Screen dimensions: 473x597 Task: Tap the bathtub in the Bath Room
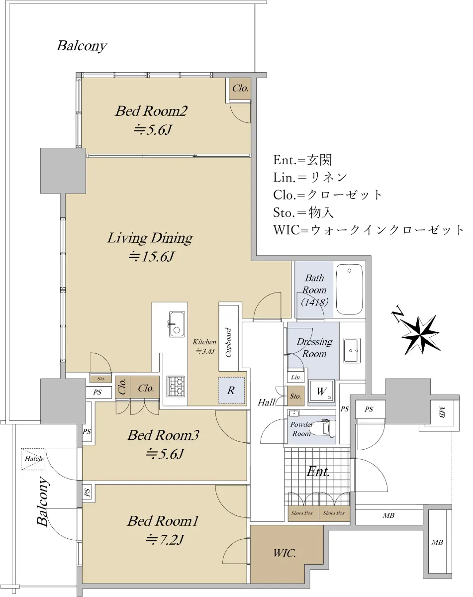(x=349, y=290)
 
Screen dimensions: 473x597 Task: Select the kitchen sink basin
(x=177, y=324)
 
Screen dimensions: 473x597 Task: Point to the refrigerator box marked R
(x=231, y=391)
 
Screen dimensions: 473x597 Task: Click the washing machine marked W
(x=321, y=391)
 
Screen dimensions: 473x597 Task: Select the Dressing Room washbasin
(x=352, y=350)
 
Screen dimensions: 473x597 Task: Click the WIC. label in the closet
(x=284, y=553)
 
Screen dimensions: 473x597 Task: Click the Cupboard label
(x=228, y=342)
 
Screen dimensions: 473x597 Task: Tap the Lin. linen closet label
(x=296, y=377)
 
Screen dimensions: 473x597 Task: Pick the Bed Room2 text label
(x=151, y=111)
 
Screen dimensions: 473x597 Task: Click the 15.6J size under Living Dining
(x=151, y=256)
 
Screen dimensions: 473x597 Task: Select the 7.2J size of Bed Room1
(x=165, y=540)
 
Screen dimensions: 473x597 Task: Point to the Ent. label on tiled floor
(x=318, y=471)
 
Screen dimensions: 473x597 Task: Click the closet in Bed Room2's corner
(x=240, y=89)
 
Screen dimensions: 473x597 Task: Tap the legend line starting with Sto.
(x=303, y=212)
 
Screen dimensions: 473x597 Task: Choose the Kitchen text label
(x=204, y=342)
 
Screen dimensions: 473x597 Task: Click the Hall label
(x=267, y=402)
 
